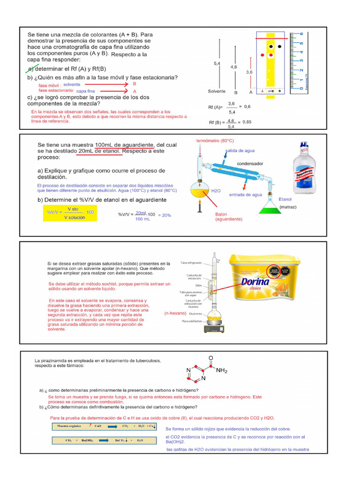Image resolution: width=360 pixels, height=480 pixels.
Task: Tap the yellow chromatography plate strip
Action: (x=270, y=61)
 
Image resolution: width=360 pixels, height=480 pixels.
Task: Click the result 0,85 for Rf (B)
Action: (x=244, y=122)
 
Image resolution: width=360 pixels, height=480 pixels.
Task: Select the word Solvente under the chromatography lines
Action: (x=217, y=91)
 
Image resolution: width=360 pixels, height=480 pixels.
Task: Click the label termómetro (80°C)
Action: (x=215, y=141)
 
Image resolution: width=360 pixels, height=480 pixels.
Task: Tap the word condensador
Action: (x=250, y=164)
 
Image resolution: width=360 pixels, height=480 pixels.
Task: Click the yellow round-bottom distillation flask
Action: (x=202, y=190)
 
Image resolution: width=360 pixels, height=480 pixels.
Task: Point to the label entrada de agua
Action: (x=245, y=195)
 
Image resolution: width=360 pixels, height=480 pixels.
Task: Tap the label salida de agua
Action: (x=240, y=150)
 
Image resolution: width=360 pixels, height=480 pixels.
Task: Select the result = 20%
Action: (x=164, y=215)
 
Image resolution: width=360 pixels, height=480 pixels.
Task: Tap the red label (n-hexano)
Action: (x=176, y=313)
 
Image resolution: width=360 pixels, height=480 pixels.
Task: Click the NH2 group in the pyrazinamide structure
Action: (x=222, y=371)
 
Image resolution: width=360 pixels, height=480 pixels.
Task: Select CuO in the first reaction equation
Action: (x=97, y=426)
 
